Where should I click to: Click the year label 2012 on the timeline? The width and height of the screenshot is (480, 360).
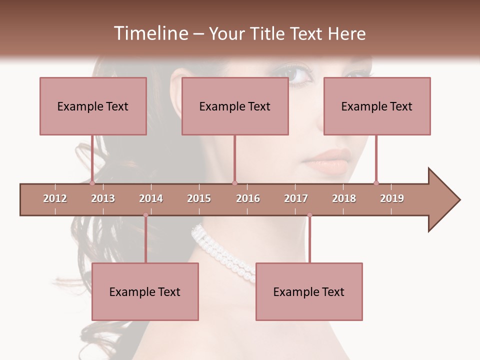[55, 198]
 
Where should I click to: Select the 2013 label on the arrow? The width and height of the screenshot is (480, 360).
[103, 198]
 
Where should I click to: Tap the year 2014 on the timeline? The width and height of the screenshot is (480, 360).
[151, 198]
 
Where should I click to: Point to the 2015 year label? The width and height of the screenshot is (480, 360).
[199, 198]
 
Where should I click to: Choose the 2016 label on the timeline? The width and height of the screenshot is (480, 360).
[248, 198]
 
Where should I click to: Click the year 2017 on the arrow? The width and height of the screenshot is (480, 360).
[296, 198]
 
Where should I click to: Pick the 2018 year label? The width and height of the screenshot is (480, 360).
[344, 198]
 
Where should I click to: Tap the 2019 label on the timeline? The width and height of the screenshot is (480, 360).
[392, 198]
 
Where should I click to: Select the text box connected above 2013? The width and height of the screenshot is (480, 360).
[93, 106]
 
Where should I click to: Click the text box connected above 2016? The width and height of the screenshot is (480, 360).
[235, 106]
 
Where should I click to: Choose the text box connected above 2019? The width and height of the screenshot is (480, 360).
[377, 106]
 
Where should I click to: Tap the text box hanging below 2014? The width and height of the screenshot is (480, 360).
[145, 291]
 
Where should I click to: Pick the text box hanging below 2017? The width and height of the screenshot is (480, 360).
[309, 291]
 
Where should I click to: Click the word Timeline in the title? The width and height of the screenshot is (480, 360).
[150, 33]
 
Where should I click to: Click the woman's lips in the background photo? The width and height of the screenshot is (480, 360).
[325, 160]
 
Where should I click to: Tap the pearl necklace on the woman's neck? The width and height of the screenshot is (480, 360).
[225, 252]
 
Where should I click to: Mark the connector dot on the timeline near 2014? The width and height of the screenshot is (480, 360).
[145, 215]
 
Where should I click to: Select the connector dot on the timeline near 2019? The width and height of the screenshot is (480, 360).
[376, 183]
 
